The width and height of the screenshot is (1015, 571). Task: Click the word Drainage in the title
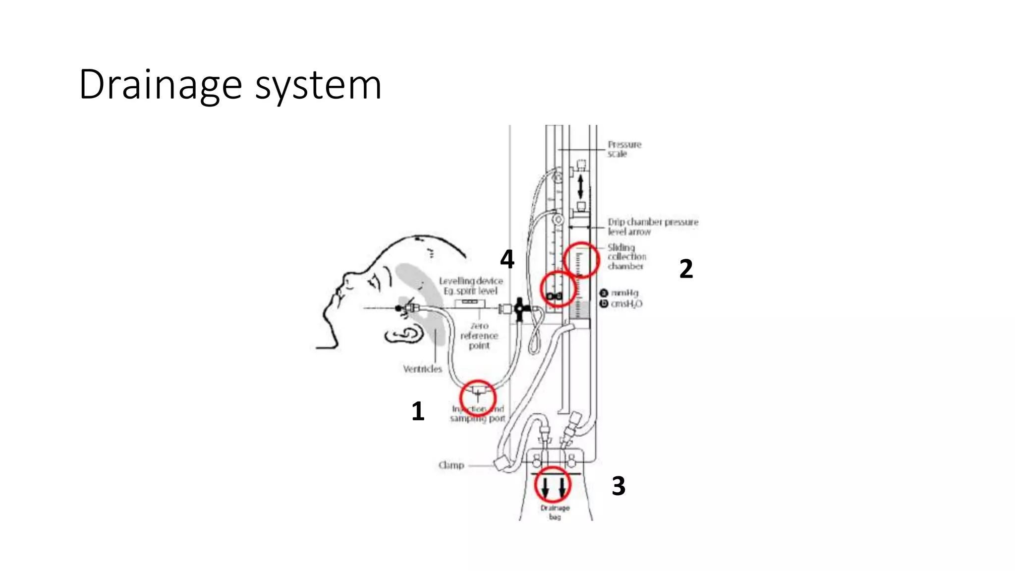160,85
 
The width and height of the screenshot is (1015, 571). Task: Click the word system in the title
318,85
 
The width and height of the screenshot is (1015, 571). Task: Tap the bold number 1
418,411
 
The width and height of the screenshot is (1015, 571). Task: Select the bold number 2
686,269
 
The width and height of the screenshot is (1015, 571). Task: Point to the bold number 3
619,486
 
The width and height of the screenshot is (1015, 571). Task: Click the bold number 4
507,259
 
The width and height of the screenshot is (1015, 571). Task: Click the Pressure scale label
624,149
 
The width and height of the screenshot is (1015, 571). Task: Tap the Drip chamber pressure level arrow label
652,227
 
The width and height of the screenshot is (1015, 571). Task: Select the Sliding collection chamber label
626,256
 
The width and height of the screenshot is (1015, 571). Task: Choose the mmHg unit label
624,293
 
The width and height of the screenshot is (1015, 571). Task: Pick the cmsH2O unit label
626,304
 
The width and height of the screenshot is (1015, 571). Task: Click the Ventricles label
422,369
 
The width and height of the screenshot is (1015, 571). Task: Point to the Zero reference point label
479,336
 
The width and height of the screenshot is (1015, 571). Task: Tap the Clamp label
451,465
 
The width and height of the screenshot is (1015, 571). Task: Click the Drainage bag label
555,512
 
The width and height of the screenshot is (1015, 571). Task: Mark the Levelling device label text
470,285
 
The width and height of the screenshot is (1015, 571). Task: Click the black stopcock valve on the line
519,309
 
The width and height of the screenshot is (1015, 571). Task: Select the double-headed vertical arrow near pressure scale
580,186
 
